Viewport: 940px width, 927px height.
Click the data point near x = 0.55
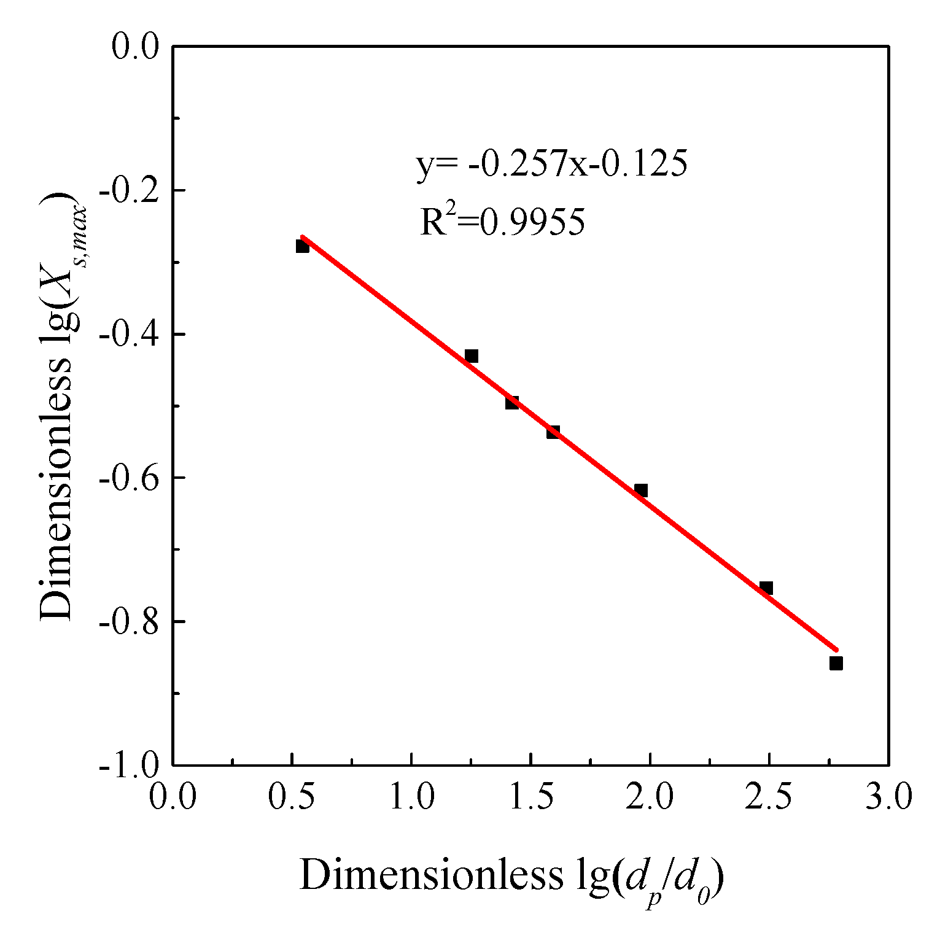coord(302,246)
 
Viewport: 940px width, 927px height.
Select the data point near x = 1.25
coord(472,356)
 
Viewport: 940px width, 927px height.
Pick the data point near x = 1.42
coord(512,403)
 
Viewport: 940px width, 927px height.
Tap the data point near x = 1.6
coord(553,432)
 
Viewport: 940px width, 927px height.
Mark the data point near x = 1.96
coord(641,491)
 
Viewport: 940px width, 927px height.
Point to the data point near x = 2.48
coord(766,588)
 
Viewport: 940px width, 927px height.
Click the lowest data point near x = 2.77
coord(836,663)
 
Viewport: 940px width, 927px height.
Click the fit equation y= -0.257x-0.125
coord(551,165)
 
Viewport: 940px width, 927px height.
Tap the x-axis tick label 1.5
coord(530,798)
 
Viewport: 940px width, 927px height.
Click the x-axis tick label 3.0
coord(888,798)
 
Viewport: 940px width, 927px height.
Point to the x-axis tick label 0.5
coord(291,798)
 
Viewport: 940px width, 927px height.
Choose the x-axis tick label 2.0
coord(650,798)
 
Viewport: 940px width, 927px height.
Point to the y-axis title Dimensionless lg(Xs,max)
coord(61,406)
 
